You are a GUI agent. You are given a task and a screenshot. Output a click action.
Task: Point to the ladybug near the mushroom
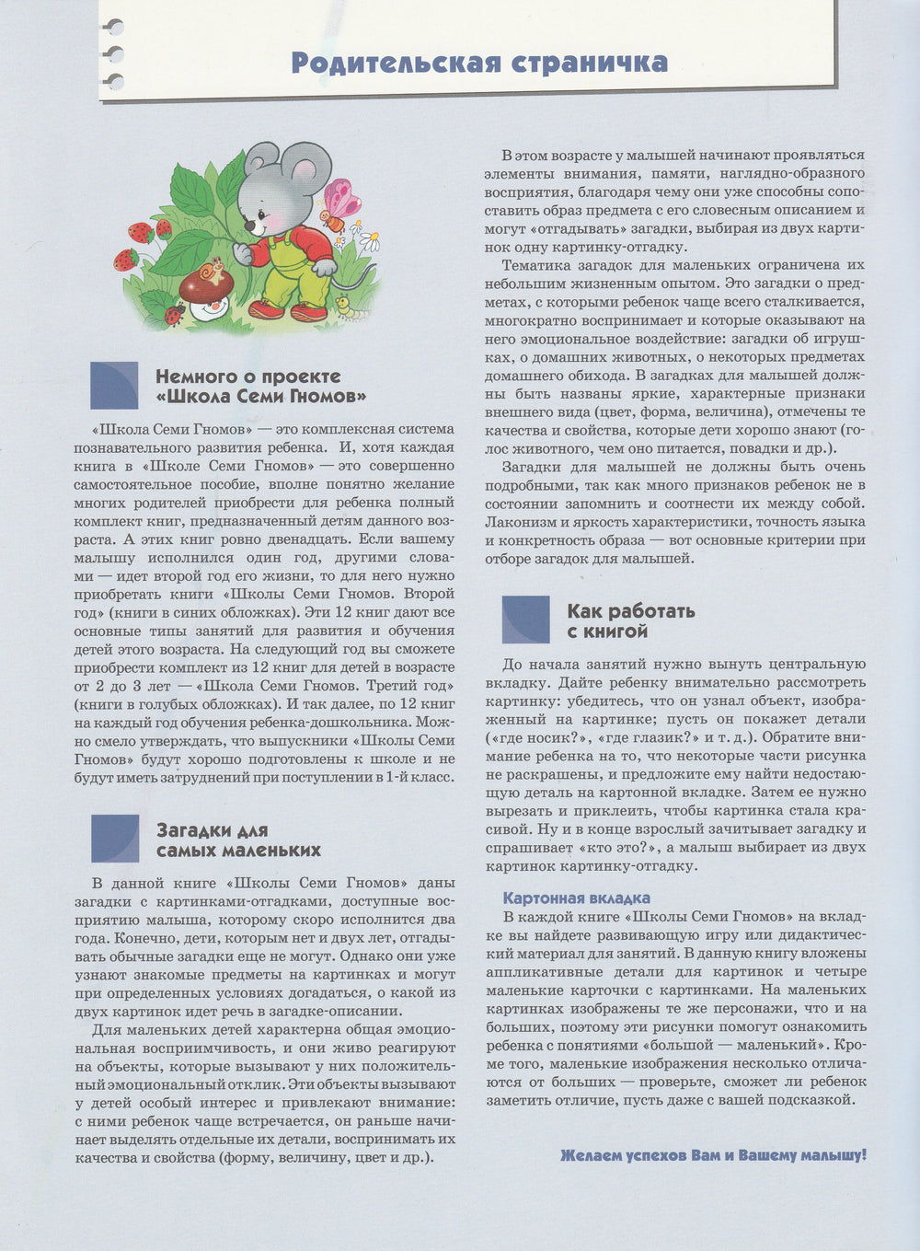coord(173,315)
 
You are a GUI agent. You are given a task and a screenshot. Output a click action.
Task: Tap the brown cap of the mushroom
coord(204,282)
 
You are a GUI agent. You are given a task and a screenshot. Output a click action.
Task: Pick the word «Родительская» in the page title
coord(396,63)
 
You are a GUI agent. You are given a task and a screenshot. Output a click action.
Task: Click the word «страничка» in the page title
coord(589,63)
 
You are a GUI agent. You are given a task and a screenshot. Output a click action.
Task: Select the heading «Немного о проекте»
coord(247,376)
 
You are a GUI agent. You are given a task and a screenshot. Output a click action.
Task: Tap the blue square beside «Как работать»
coord(525,620)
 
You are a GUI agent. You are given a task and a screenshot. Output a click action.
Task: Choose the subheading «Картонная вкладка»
coord(577,898)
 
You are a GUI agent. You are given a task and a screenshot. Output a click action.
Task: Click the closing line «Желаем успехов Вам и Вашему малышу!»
coord(713,1155)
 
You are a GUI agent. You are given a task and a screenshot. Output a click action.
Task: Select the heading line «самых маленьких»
coord(238,850)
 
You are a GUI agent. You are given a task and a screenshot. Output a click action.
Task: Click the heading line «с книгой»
coord(607,631)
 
